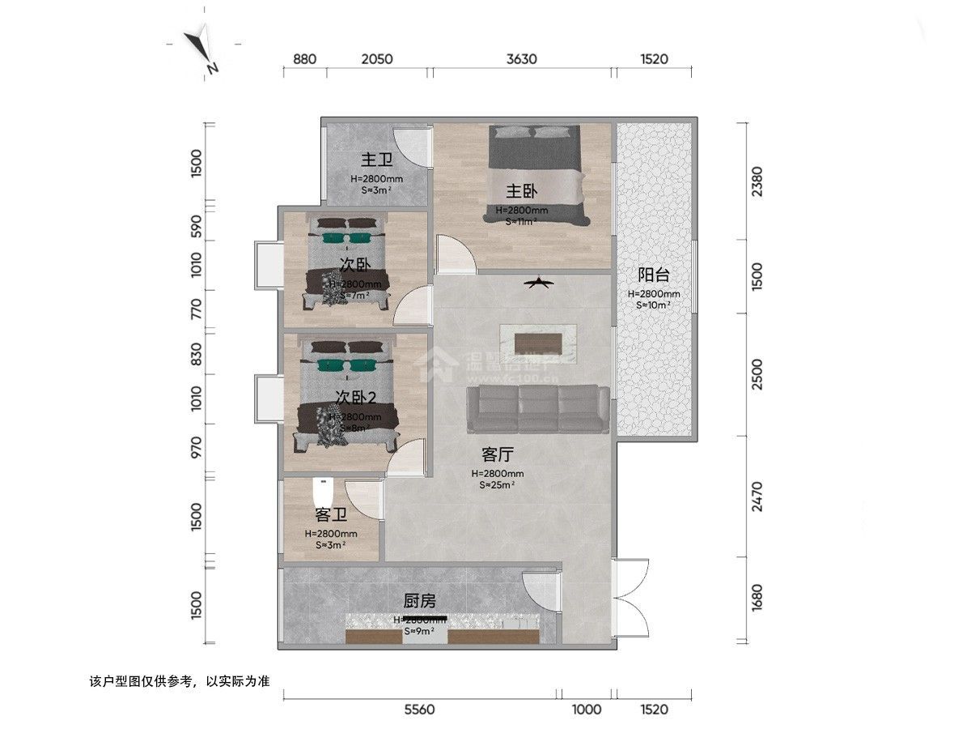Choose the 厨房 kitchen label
[420, 601]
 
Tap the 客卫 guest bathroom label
[331, 514]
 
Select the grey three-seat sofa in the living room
[538, 409]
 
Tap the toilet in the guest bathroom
[323, 492]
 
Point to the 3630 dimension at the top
[522, 59]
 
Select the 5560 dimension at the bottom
[419, 710]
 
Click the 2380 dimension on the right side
[757, 181]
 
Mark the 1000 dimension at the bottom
[587, 710]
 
